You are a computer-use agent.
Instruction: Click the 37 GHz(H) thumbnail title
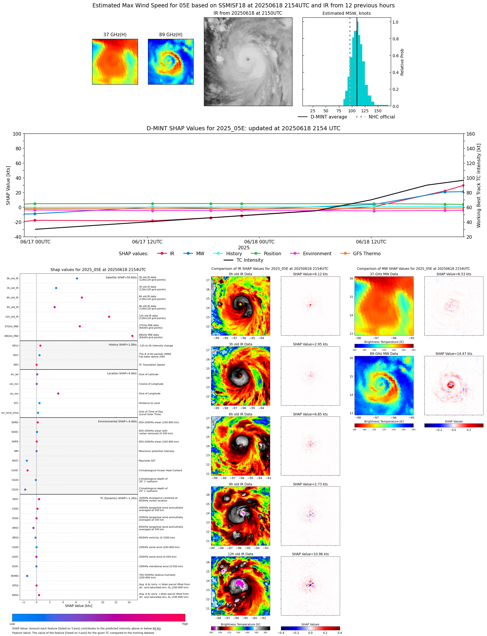[115, 35]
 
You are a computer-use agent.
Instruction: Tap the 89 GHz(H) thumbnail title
[171, 35]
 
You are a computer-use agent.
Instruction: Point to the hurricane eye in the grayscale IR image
[248, 60]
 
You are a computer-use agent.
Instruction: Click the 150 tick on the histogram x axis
[378, 111]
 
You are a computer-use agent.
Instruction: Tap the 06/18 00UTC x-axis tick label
[259, 242]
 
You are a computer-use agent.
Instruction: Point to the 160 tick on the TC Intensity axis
[471, 134]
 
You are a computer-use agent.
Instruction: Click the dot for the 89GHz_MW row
[132, 336]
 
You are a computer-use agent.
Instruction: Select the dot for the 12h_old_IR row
[109, 317]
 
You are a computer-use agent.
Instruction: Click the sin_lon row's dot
[58, 393]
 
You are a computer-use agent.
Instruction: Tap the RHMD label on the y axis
[15, 576]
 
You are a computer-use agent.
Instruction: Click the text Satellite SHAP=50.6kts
[121, 278]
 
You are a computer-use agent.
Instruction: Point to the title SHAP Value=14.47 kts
[453, 354]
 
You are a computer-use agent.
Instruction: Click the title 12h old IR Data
[240, 554]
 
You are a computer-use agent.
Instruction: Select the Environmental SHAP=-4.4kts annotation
[117, 421]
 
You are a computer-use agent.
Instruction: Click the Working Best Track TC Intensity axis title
[479, 185]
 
